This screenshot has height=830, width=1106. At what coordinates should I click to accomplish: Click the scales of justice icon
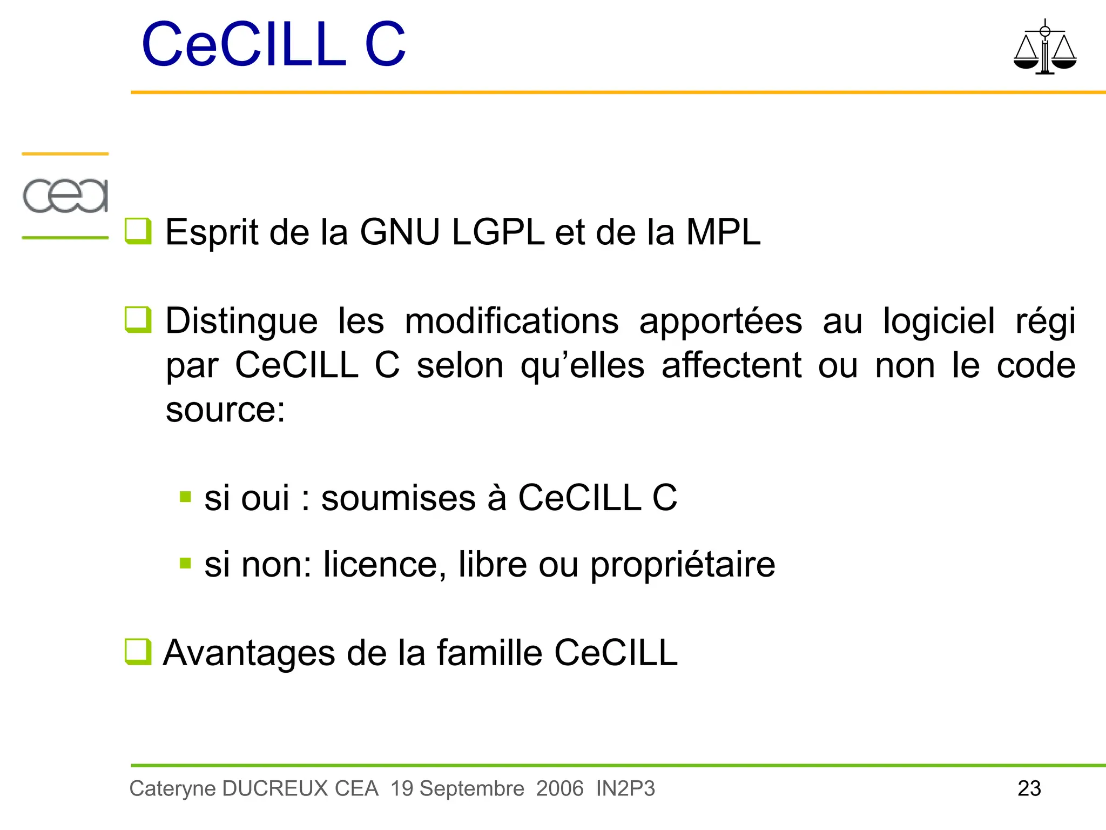[x=1044, y=48]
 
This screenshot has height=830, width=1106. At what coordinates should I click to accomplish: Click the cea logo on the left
[x=65, y=195]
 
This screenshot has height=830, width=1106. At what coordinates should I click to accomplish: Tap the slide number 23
[x=1029, y=788]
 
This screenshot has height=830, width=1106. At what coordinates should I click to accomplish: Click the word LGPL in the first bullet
[x=498, y=232]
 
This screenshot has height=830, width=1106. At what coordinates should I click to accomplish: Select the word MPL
[x=723, y=232]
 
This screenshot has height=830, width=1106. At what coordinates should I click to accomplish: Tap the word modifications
[x=511, y=321]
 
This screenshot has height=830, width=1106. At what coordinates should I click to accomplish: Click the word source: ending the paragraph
[x=225, y=410]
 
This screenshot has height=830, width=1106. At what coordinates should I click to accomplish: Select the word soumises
[x=399, y=498]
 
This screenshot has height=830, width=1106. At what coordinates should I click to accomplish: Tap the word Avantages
[x=249, y=653]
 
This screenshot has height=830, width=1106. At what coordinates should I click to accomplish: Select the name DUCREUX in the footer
[x=275, y=788]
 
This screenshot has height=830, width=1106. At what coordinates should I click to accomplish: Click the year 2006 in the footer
[x=559, y=788]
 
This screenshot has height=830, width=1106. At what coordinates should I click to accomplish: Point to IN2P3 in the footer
[x=625, y=788]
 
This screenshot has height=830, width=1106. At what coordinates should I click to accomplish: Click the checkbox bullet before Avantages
[x=138, y=652]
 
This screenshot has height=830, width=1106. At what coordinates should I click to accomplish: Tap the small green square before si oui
[x=185, y=497]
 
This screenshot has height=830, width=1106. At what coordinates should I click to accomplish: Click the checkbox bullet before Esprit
[x=138, y=231]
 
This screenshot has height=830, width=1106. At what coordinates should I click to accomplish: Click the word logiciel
[x=938, y=321]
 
